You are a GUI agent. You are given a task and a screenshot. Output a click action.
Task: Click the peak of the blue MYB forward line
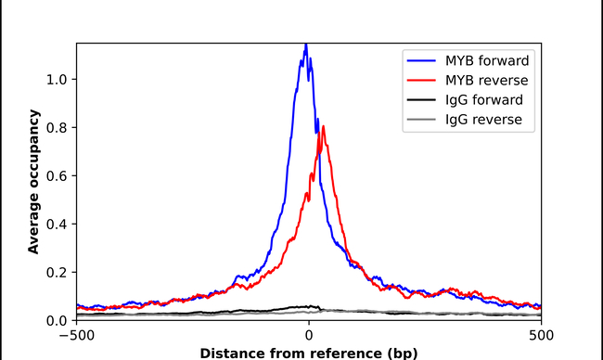click(306, 45)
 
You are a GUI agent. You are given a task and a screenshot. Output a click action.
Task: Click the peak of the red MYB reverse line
click(320, 127)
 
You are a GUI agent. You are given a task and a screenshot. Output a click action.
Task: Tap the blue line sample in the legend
click(422, 59)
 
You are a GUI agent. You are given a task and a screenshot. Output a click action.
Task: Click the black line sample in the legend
click(422, 99)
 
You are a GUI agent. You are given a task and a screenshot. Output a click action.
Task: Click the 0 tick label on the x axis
click(308, 336)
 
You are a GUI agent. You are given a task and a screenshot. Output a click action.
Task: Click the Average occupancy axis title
click(33, 183)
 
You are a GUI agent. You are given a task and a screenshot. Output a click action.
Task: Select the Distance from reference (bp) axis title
click(308, 353)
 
